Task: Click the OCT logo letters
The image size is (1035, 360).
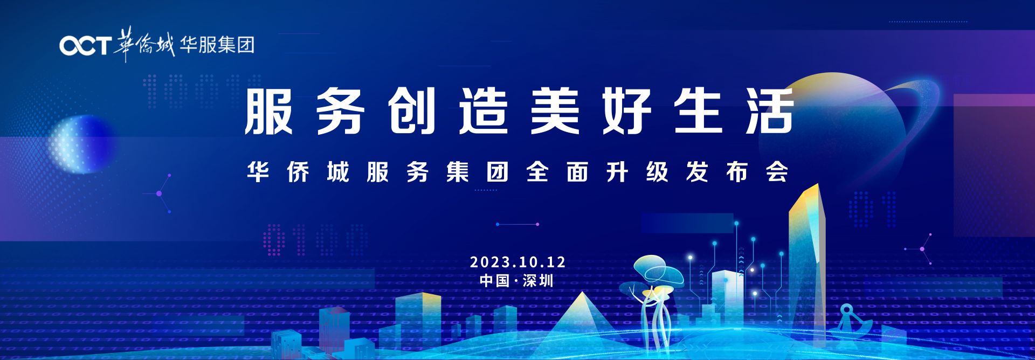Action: point(85,46)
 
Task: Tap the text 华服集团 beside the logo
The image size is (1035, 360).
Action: point(217,45)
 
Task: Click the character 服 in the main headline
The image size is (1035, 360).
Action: point(268,112)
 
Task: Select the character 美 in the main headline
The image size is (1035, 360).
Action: point(555,112)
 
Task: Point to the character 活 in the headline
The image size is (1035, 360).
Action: point(770,112)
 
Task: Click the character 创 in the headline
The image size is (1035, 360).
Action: point(411,112)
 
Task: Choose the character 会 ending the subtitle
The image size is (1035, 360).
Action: point(777,172)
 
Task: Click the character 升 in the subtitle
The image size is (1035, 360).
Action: point(617,172)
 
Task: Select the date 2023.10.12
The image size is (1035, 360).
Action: point(517,262)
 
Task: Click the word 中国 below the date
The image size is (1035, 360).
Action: point(494,281)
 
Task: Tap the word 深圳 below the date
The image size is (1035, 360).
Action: point(538,281)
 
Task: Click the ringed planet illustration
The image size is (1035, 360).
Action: point(841,129)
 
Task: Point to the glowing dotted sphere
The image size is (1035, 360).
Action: point(81,144)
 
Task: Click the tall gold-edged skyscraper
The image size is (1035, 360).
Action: point(807,264)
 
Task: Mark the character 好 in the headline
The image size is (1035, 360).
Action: point(626,112)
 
